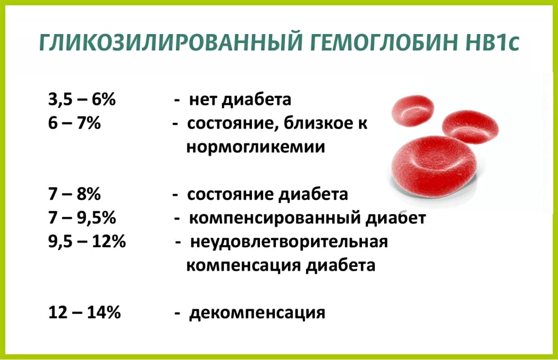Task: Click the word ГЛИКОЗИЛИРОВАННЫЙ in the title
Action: tap(171, 43)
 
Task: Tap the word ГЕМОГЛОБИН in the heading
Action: tap(384, 43)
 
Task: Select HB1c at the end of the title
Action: tap(492, 43)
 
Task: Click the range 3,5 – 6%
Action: tap(82, 99)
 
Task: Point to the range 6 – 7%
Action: tap(74, 123)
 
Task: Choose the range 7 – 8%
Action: tap(74, 194)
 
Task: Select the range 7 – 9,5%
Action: tap(82, 217)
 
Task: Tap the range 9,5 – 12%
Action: tap(87, 241)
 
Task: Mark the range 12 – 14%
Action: tap(84, 312)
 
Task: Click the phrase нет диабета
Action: tap(240, 99)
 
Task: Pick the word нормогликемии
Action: tap(256, 147)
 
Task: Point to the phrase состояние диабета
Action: tap(268, 195)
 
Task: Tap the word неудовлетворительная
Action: tap(289, 242)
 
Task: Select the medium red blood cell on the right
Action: tap(470, 127)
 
